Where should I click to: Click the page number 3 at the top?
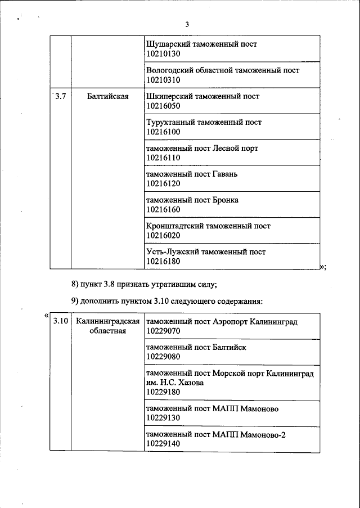(187, 24)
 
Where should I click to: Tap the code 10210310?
(163, 80)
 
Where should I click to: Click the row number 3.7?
(60, 96)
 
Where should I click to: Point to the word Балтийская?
(108, 96)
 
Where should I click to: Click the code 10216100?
(163, 132)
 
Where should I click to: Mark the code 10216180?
(163, 262)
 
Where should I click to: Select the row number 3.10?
(60, 321)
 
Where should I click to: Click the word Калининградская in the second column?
(107, 321)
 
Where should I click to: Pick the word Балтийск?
(229, 347)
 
